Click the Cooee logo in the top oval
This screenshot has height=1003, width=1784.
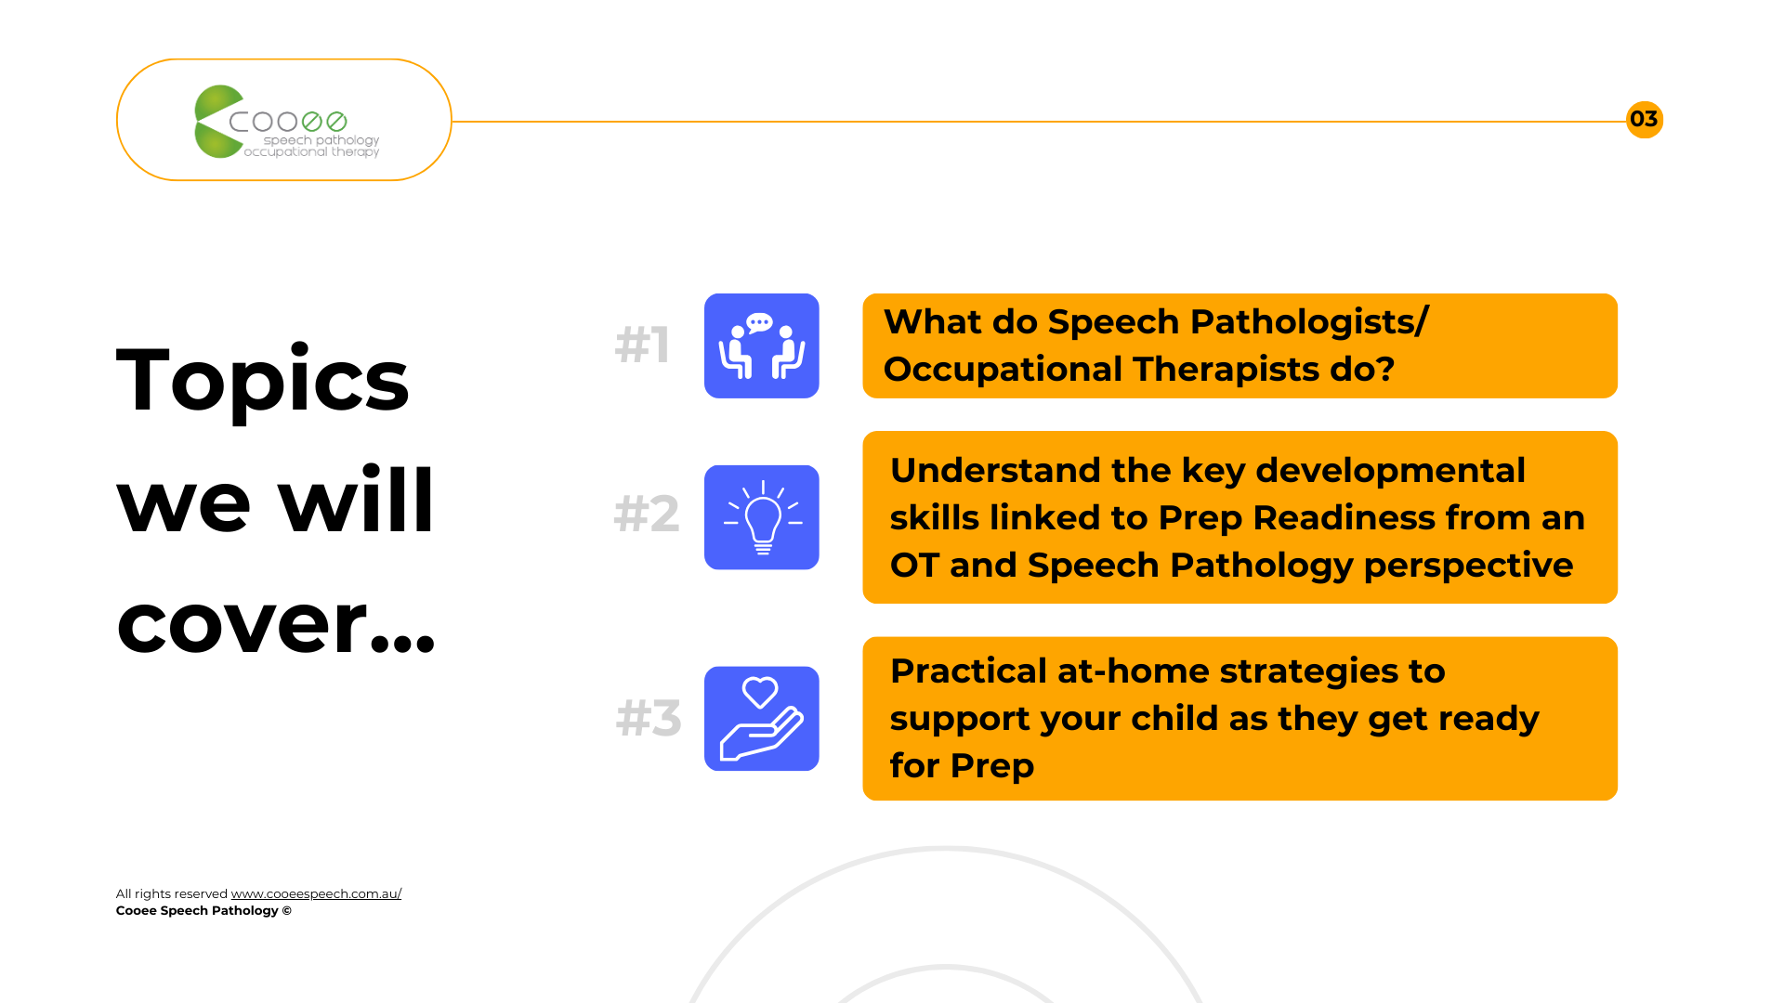pos(286,122)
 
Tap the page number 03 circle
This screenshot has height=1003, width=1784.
pos(1644,120)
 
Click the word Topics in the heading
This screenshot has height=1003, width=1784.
pos(263,380)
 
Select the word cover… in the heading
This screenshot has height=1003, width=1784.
pos(276,623)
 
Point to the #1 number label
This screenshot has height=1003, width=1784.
pos(642,345)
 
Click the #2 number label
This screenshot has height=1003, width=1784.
pos(647,514)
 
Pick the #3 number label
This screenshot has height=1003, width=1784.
pos(649,718)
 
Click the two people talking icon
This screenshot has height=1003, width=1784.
pos(761,345)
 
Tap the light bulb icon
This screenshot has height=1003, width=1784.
pos(761,517)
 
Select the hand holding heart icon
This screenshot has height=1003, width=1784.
pos(761,718)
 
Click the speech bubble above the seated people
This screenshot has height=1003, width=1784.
pos(760,323)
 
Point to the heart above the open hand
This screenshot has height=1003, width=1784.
pos(760,692)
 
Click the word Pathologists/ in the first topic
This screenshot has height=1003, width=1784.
pos(1309,322)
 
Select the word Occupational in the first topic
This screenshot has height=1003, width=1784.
pos(1003,370)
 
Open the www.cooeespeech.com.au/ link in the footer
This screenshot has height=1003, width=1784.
pos(316,893)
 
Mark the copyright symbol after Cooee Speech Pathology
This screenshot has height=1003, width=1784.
pos(287,911)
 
